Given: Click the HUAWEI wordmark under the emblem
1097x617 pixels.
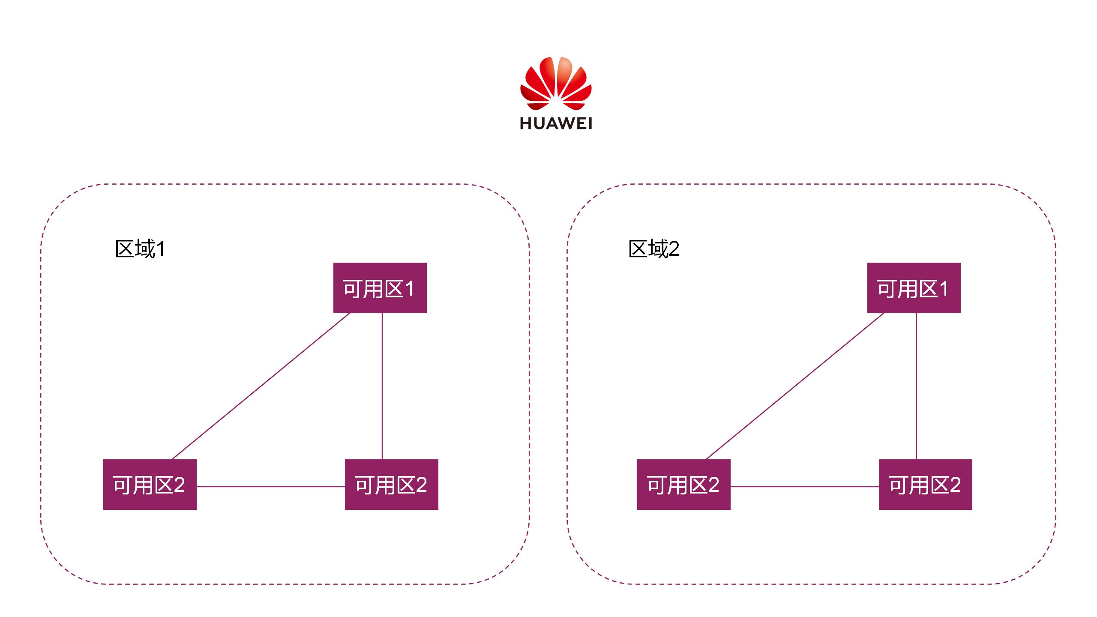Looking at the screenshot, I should click(x=556, y=123).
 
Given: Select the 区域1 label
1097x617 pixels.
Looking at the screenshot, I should click(x=140, y=249).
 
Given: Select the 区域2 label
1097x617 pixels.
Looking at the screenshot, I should click(x=653, y=249).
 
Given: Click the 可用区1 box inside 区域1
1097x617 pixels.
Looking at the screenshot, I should click(x=380, y=288).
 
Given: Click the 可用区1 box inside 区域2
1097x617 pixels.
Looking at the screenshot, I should click(x=914, y=288).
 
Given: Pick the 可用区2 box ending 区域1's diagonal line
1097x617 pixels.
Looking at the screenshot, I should click(x=150, y=485).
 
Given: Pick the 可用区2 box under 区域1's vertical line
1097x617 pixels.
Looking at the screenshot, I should click(x=391, y=485).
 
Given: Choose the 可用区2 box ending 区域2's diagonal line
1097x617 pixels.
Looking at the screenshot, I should click(x=683, y=485).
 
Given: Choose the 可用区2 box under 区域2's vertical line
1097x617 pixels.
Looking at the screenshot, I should click(x=925, y=485).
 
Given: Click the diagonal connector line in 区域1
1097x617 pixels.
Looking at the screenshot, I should click(x=261, y=386).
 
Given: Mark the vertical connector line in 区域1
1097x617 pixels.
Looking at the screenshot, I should click(x=382, y=386).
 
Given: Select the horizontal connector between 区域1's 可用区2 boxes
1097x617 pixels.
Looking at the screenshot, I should click(x=270, y=487).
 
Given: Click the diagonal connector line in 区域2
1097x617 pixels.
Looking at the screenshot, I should click(x=794, y=386).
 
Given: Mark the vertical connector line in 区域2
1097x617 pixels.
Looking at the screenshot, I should click(x=916, y=386).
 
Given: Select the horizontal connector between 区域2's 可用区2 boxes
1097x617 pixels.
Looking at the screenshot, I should click(x=804, y=487).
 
